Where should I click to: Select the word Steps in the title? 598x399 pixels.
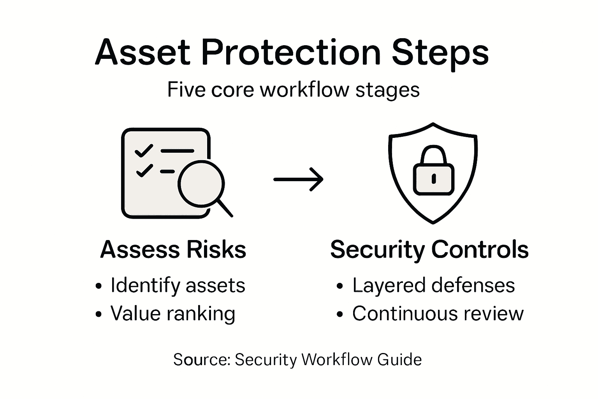point(440,53)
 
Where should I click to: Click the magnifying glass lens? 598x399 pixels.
point(201,184)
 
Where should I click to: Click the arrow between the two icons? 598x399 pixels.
point(298,179)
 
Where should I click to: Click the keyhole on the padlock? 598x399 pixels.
point(433,179)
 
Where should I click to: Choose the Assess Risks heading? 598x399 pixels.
point(173,249)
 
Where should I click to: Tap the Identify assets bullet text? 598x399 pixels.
point(178,285)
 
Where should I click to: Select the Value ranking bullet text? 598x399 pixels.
point(173,314)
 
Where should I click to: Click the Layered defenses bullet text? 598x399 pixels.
point(433,285)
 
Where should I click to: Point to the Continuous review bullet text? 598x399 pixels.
point(438,314)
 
